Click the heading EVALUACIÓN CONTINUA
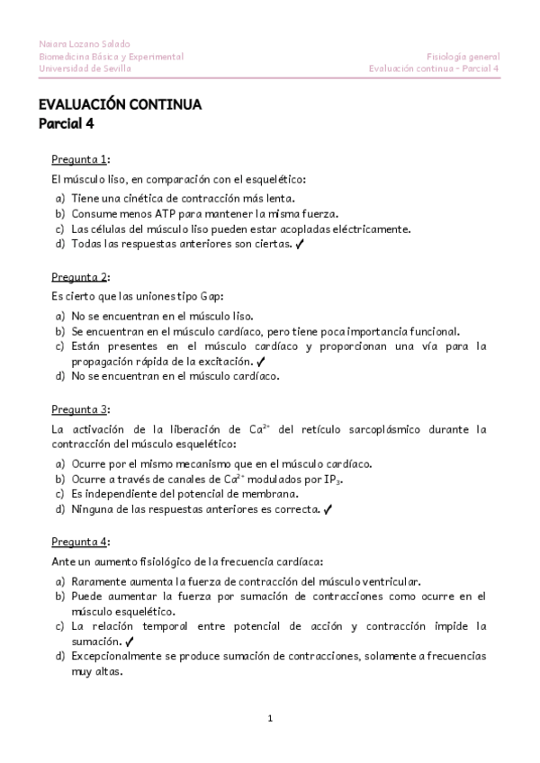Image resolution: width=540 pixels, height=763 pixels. tap(120, 105)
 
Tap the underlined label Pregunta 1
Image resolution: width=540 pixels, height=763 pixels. tap(79, 159)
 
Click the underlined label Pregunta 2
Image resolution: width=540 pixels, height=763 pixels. tap(79, 275)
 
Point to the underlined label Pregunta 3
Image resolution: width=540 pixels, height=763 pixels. tap(79, 409)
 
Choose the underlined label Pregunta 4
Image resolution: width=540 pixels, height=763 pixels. tap(79, 542)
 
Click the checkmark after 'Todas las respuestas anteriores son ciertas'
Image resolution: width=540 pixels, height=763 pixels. tap(299, 244)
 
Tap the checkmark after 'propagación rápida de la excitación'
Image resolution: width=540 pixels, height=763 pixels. tap(259, 361)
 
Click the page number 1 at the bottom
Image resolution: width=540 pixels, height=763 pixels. tap(270, 718)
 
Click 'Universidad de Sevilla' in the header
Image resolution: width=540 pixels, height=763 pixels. tap(85, 67)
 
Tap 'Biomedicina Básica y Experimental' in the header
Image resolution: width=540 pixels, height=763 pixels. tap(112, 56)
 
